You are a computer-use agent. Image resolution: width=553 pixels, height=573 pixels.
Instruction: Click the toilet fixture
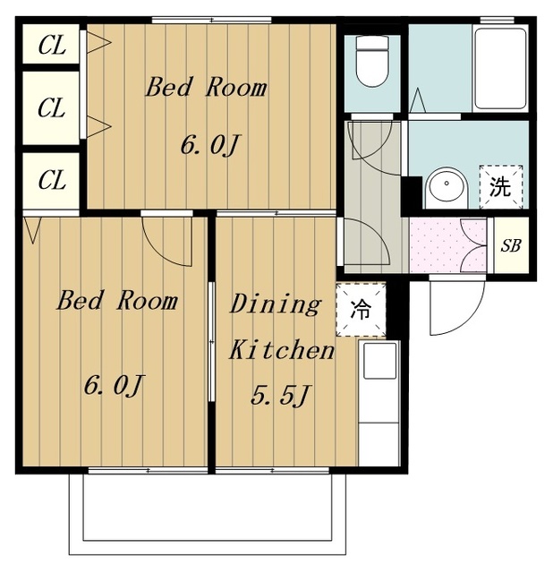pos(372,61)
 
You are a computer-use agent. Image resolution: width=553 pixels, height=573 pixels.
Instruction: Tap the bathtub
pos(500,68)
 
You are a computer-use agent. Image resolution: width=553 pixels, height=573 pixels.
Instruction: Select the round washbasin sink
pos(447,188)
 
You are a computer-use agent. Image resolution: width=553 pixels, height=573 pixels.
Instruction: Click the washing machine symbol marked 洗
pos(501,187)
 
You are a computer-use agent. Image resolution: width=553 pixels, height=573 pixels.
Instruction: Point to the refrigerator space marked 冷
pos(361,310)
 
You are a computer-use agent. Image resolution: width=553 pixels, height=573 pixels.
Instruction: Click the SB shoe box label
pos(511,246)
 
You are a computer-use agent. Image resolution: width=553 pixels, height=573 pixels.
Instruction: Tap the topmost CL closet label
pos(52,46)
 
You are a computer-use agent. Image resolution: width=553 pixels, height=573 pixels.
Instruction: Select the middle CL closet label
pos(52,107)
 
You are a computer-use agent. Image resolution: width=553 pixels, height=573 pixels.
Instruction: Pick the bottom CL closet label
pos(52,180)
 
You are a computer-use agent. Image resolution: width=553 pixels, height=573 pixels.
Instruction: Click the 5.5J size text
pos(280,396)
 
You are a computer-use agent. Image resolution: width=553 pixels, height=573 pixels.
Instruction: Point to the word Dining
pos(276,304)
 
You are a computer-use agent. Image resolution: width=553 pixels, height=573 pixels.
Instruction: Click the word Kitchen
pos(282,350)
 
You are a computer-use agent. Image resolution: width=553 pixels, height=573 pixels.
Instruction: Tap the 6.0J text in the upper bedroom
pos(209,145)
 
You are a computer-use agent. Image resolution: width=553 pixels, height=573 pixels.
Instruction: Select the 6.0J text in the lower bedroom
pos(113,386)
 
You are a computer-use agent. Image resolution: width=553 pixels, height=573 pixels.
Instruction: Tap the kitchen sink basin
pos(380,361)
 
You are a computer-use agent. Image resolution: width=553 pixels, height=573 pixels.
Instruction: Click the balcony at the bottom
pos(208,513)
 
